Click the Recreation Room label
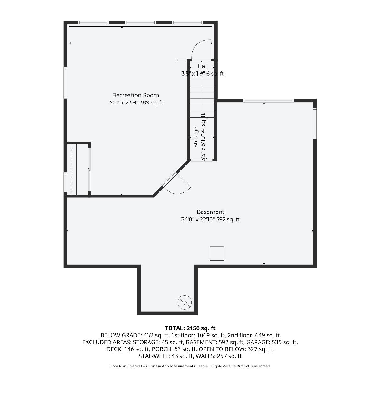point(136,95)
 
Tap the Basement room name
point(210,212)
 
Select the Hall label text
point(203,66)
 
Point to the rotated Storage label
point(196,137)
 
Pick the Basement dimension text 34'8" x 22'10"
point(198,219)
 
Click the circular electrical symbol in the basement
point(185,302)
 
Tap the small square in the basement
point(217,254)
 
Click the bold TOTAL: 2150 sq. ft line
point(190,328)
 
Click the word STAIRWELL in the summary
point(154,356)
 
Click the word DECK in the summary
point(114,349)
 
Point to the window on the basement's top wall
point(268,101)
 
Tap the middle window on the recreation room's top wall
point(140,23)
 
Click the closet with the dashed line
point(78,170)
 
